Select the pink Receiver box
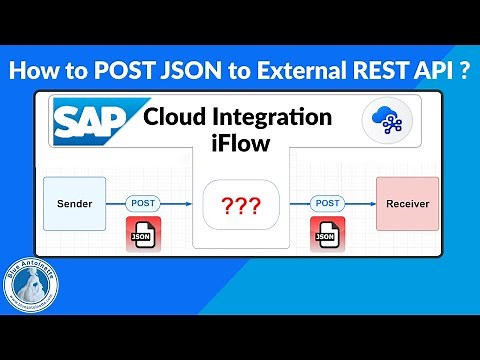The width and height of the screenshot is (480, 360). click(407, 204)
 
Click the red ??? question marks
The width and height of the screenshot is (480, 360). click(242, 206)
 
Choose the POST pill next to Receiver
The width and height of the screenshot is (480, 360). click(326, 203)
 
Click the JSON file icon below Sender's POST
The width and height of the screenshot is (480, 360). click(144, 235)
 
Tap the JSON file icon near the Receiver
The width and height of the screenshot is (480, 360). click(326, 235)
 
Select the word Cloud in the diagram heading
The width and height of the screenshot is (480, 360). click(171, 116)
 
